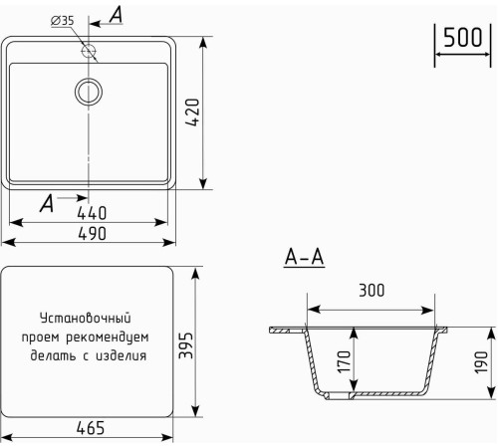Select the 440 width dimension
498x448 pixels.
point(90,212)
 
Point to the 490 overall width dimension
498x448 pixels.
point(90,233)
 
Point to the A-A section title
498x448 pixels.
point(305,259)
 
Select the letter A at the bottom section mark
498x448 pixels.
point(46,203)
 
